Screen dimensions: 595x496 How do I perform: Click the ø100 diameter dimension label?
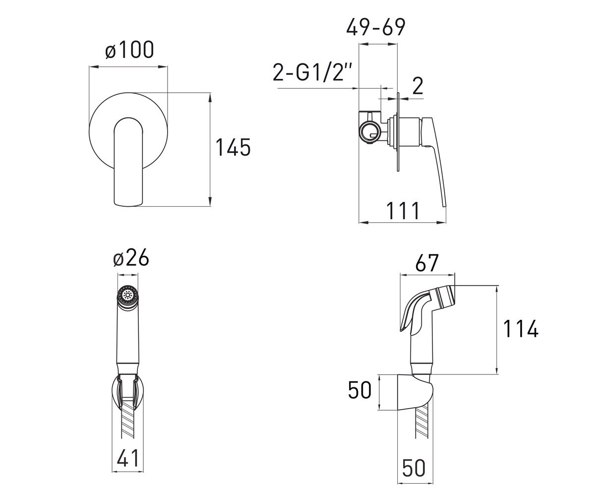[x=129, y=50]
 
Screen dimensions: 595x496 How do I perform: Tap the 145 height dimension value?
[x=233, y=147]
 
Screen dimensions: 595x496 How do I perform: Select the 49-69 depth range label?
[x=376, y=27]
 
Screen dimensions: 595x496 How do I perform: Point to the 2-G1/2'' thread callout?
[x=312, y=72]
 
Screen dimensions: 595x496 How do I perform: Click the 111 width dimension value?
[x=403, y=210]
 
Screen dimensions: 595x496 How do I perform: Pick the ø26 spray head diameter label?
[x=131, y=257]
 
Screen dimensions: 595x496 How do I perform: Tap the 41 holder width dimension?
[x=127, y=458]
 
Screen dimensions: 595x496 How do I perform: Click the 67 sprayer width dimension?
[x=426, y=263]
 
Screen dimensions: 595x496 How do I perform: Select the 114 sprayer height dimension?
[x=521, y=329]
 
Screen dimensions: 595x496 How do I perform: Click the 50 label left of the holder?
[x=359, y=390]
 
